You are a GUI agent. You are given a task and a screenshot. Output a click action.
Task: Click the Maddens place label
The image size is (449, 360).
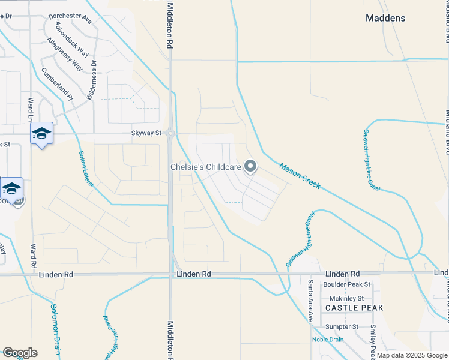coord(385,19)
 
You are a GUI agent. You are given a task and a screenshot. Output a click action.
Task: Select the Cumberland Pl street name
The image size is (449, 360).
coord(56,83)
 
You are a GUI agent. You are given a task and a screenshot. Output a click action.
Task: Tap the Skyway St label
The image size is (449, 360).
coord(147,133)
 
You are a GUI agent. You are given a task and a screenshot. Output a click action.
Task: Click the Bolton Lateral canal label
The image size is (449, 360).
coord(86,167)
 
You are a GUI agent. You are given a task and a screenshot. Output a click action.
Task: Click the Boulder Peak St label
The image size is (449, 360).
coord(346,284)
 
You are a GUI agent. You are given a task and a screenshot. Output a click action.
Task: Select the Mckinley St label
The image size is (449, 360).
coord(344,298)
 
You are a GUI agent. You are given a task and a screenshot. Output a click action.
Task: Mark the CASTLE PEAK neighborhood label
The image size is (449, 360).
coord(354,308)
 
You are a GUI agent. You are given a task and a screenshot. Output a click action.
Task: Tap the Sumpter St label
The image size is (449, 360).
coord(341,327)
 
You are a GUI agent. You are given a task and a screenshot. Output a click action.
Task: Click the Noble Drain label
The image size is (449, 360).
coord(328,340)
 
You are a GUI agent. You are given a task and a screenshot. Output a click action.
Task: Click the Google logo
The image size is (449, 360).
coord(19,353)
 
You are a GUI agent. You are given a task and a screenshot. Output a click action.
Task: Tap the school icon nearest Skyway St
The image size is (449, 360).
coord(41,133)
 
